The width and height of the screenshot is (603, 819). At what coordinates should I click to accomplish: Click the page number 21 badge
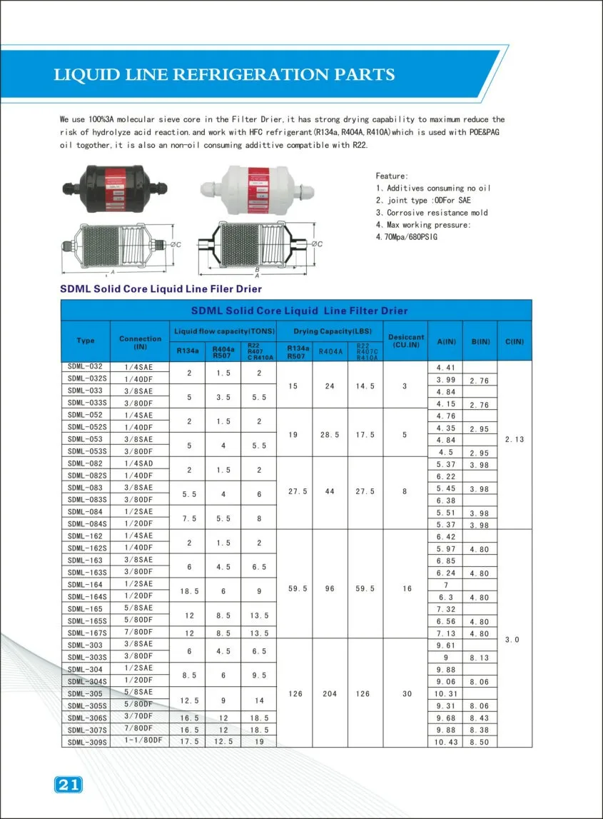(68, 785)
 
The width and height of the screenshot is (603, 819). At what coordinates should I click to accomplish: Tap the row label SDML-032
(85, 367)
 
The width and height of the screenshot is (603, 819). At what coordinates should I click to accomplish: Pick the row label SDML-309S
(87, 741)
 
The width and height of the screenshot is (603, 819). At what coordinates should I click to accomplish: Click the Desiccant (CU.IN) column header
(406, 341)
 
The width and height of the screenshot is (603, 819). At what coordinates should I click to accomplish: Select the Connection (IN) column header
(140, 341)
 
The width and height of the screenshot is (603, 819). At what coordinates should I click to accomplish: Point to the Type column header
(85, 341)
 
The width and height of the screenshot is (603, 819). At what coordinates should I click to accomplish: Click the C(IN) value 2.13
(514, 439)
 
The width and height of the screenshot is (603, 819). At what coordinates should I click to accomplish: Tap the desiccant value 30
(406, 693)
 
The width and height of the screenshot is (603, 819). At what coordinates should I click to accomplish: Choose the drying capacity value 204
(330, 693)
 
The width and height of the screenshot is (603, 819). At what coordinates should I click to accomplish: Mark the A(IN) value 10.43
(445, 741)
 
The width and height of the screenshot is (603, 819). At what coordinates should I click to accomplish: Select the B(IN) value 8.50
(480, 741)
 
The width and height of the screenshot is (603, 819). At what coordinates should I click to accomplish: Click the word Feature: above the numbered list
(392, 176)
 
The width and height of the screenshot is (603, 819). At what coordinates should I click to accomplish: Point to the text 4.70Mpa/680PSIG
(406, 236)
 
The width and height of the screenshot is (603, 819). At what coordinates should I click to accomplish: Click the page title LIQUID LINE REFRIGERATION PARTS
(224, 75)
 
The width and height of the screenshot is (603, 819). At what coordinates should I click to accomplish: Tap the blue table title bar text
(299, 311)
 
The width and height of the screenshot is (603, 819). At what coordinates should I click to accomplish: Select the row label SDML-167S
(87, 633)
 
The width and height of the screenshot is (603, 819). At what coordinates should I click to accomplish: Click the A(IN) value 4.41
(445, 368)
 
